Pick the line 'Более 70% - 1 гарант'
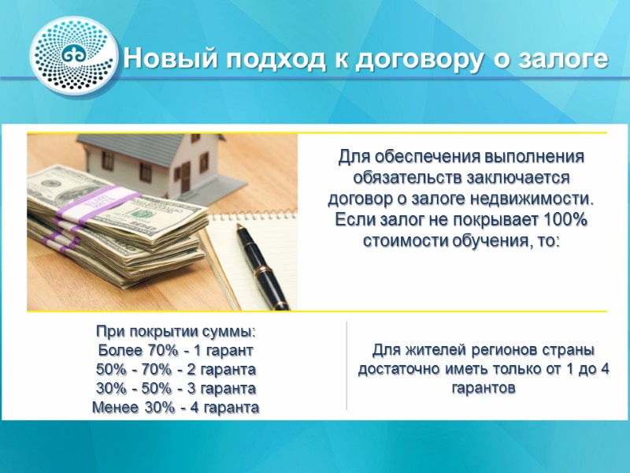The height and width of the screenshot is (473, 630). point(175,350)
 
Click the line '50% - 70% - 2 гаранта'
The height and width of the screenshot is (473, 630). point(175,369)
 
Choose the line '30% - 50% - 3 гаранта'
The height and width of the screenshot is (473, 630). point(175,389)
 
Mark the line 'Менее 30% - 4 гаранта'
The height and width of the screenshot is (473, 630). point(175,408)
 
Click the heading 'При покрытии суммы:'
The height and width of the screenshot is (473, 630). point(175,331)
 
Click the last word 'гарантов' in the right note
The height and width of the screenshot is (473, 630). point(484,389)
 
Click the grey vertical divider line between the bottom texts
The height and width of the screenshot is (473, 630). point(347,366)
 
